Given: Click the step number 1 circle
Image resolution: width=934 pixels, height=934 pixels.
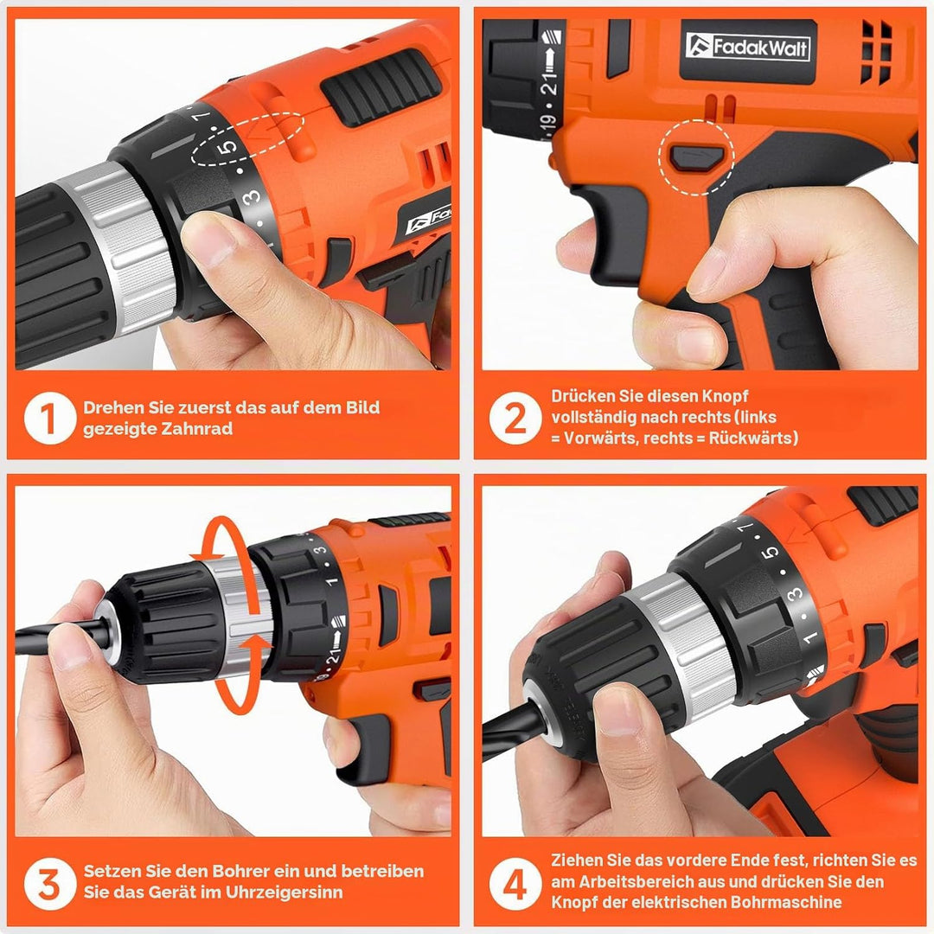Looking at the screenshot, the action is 50,418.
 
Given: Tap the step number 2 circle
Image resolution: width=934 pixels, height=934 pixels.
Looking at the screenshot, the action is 515,418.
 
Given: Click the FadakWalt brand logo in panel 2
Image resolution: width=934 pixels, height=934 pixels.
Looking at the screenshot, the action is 747,47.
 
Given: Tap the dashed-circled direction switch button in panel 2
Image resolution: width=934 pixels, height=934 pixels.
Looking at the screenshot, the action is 697,158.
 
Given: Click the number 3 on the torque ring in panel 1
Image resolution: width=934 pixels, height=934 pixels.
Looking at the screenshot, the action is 252,196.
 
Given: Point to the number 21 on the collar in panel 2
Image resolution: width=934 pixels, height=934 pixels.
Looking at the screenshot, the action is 549,81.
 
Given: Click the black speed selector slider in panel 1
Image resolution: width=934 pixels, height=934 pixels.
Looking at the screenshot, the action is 381,87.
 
